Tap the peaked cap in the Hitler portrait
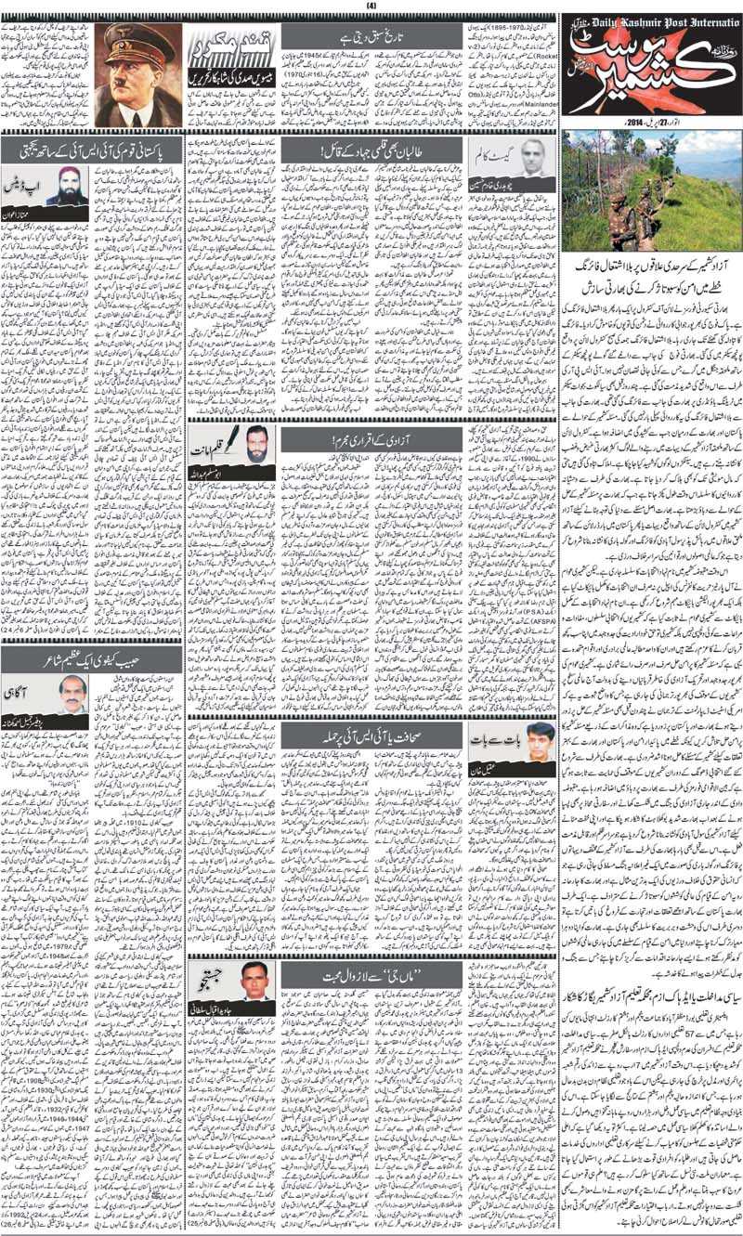[x=138, y=43]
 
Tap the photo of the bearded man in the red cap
[x=67, y=185]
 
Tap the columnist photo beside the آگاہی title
[x=67, y=694]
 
